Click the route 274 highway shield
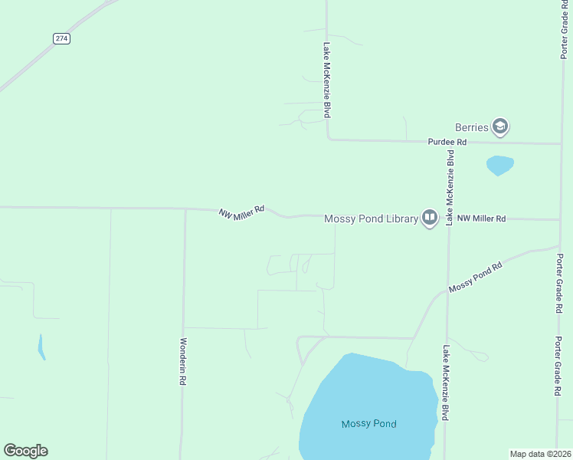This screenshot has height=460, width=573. pos(62,38)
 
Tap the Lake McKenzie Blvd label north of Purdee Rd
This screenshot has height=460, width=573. pos(326,80)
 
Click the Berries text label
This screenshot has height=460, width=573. pos(471,127)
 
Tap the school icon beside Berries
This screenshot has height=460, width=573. pos(500,127)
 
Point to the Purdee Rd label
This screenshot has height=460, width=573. pos(447,143)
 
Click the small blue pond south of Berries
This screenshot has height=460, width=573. pos(499,164)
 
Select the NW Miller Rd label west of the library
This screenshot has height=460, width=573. pos(241,211)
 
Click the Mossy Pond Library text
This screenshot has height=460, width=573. pos(371,219)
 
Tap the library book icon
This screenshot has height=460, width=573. pos(429,219)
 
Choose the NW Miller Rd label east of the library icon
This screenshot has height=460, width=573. pos(481,219)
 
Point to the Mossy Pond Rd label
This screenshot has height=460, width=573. pos(475,277)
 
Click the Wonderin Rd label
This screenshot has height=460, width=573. pos(183,361)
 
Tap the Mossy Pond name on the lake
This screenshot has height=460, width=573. pos(368,424)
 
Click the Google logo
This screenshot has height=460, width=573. pos(25,451)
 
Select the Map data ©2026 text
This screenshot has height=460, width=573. pos(541,454)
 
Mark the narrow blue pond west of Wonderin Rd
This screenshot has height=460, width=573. pos(41,347)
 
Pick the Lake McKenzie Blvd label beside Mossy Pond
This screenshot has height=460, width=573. pos(445,382)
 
